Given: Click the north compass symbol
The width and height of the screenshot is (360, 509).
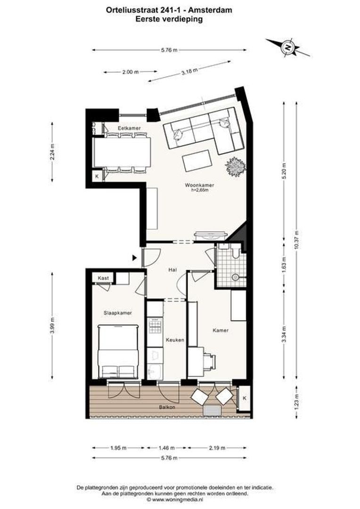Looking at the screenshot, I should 287,47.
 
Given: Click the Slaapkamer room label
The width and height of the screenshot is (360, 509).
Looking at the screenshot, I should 117,312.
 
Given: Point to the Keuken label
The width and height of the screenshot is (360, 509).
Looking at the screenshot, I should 174,339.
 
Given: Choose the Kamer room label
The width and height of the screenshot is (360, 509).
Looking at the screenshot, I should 220,330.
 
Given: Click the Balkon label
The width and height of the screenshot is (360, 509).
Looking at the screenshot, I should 167,407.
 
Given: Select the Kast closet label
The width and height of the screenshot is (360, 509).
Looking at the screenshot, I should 103,278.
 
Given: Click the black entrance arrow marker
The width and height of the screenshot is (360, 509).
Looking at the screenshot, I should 135,258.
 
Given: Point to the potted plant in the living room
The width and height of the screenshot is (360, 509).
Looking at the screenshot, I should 236,166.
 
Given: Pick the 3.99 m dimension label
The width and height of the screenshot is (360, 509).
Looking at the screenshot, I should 52,324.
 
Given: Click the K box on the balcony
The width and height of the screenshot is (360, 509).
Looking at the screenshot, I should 245,398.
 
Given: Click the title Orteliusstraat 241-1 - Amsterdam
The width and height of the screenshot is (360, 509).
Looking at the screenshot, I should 176,9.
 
